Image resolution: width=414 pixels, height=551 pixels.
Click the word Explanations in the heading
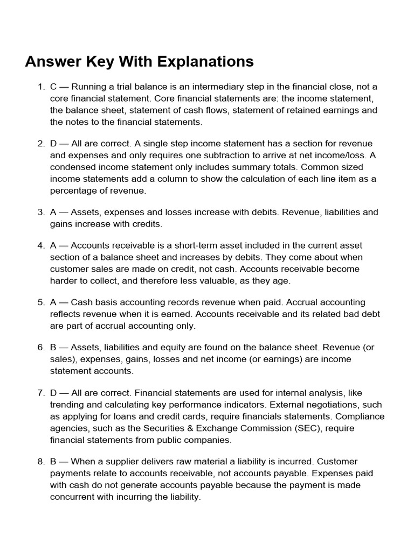point(205,62)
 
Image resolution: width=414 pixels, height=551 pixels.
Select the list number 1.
point(40,87)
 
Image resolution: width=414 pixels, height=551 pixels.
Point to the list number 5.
point(40,302)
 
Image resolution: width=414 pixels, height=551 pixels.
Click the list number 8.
point(40,462)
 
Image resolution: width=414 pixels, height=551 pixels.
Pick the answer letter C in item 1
point(53,87)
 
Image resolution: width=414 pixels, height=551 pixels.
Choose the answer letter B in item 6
point(53,348)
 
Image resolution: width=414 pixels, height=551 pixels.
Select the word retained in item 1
point(304,110)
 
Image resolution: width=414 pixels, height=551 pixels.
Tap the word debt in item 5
point(368,314)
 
